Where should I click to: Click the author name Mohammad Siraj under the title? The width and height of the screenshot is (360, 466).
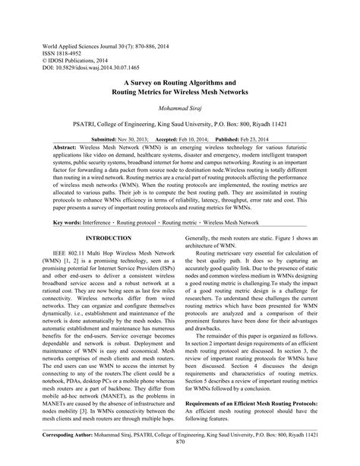181,109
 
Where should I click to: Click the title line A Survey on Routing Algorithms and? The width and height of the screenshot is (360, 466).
180,81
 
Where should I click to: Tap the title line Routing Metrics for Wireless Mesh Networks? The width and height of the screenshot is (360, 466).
180,91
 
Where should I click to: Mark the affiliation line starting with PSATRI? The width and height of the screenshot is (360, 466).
180,124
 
